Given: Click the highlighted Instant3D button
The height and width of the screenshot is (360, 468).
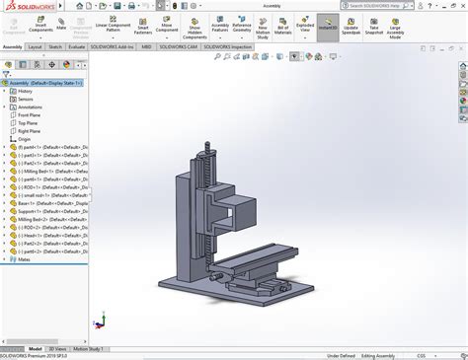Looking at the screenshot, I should pyautogui.click(x=327, y=26).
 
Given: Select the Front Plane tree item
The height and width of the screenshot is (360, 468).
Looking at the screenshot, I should pyautogui.click(x=29, y=114).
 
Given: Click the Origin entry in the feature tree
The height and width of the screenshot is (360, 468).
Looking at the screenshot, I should pyautogui.click(x=25, y=139).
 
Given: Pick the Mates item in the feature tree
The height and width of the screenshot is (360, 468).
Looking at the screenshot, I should pyautogui.click(x=25, y=259).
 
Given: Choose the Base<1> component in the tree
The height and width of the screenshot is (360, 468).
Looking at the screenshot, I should pyautogui.click(x=39, y=187).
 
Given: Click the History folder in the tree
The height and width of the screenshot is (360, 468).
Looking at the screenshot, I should pyautogui.click(x=25, y=90).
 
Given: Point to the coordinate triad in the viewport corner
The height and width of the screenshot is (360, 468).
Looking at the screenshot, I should pyautogui.click(x=99, y=321).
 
